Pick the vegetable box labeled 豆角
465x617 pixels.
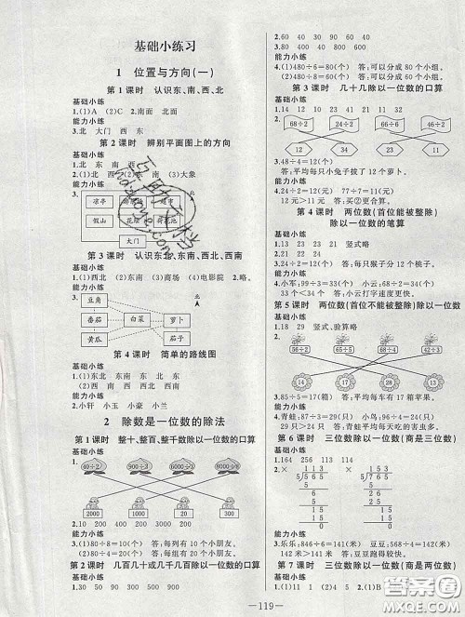click(93, 301)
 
